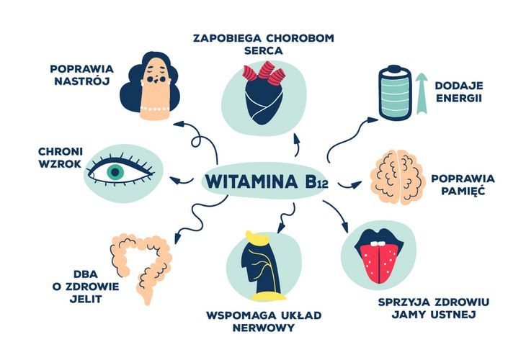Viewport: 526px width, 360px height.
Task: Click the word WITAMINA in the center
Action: click(251, 181)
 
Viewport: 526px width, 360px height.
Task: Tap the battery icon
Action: click(395, 93)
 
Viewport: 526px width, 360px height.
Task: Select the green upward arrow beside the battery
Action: click(422, 94)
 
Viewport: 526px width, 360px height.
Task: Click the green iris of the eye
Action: click(115, 172)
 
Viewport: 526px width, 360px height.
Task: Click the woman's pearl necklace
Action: click(155, 109)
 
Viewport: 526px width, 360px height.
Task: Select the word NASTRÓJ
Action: click(82, 81)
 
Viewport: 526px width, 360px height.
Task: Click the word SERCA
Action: click(263, 50)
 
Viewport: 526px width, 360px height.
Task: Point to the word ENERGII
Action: click(459, 98)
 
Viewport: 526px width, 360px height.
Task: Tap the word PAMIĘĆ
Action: click(463, 191)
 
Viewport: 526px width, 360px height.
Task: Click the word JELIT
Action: click(86, 299)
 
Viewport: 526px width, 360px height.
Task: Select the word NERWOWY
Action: click(263, 328)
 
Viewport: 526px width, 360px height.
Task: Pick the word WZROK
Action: click(60, 164)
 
